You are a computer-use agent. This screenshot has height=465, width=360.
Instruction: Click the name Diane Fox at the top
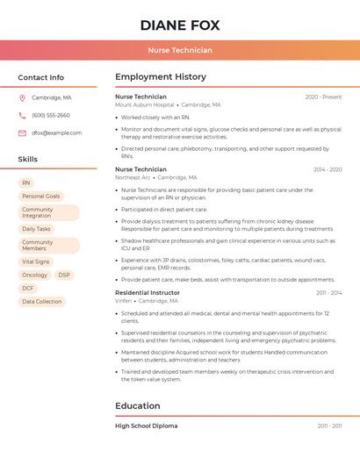pos(180,25)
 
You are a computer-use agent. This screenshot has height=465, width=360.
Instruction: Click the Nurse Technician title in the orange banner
pos(180,50)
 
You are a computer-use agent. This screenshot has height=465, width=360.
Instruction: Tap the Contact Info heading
pos(41,77)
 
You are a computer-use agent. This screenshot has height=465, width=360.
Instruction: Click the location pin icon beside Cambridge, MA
pos(22,97)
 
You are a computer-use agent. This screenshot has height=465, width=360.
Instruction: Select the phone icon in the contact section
pos(22,115)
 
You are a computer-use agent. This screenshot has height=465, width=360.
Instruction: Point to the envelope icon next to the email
pos(22,133)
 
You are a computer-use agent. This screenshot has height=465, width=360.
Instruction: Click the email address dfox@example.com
pos(57,133)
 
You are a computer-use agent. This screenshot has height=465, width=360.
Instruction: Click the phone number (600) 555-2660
pos(51,115)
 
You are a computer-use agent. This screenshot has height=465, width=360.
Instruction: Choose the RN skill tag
pos(26,182)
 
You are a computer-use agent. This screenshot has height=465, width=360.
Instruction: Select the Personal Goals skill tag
pos(41,197)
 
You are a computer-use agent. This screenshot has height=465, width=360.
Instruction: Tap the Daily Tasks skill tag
pos(37,229)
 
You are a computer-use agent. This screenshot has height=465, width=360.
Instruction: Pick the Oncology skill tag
pos(35,275)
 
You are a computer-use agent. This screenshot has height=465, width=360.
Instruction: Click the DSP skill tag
pos(64,275)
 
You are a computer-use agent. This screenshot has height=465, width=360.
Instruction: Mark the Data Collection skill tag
pos(42,302)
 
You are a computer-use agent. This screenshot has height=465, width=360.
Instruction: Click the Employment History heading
pos(161,77)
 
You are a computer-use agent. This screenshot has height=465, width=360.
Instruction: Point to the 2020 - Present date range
pos(323,97)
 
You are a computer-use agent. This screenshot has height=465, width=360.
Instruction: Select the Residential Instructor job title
pos(148,293)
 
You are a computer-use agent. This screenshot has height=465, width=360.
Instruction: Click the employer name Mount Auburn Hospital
pos(145,105)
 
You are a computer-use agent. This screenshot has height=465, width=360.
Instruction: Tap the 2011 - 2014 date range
pos(329,293)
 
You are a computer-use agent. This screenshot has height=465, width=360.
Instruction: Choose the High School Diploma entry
pos(147,426)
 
